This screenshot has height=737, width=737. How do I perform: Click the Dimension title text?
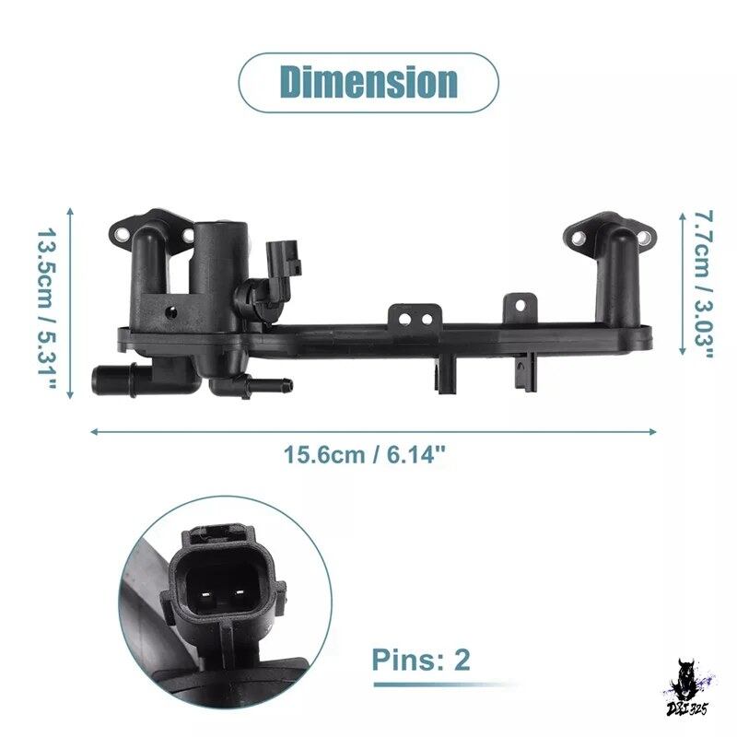369,82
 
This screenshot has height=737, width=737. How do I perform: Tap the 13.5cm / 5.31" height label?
47,310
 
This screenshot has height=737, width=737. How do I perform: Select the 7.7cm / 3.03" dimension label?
704,285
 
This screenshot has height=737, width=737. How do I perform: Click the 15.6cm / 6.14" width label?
364,455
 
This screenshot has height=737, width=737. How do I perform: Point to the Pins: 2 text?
421,660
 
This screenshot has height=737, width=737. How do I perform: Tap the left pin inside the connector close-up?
205,593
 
